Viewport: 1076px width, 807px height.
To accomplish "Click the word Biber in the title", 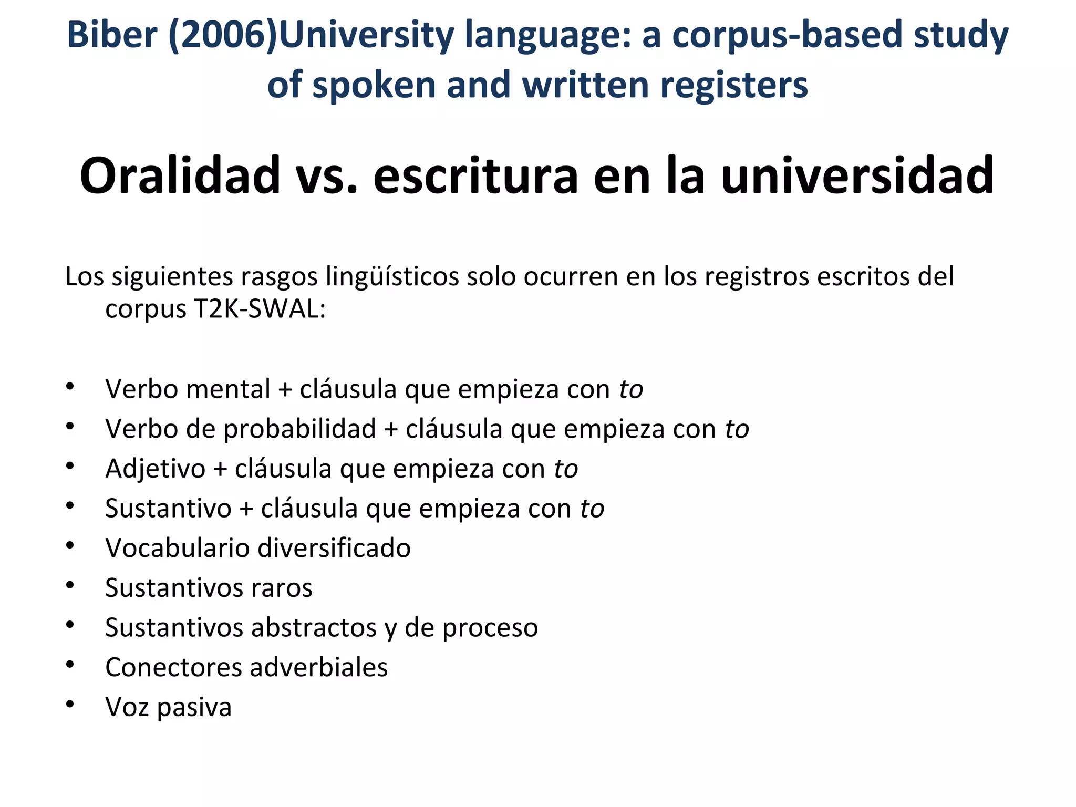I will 112,35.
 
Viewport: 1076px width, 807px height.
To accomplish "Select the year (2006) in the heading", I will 223,36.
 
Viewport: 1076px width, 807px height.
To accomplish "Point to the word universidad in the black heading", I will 857,176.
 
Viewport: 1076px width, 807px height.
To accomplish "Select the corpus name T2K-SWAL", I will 260,309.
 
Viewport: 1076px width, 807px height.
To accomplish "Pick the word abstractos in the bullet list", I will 314,627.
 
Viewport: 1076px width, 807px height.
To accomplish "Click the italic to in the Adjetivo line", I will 566,469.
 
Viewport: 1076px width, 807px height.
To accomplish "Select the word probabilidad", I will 300,429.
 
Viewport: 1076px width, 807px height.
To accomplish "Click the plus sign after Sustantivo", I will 246,509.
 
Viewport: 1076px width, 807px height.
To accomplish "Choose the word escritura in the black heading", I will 475,176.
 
